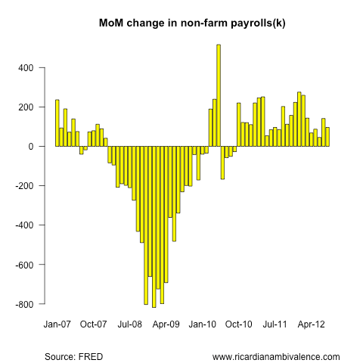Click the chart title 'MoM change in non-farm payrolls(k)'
click(x=192, y=23)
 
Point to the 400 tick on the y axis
click(x=26, y=68)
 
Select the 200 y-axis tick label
click(x=26, y=107)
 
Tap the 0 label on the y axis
click(x=31, y=147)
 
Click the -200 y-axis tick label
click(x=24, y=186)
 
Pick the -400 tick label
click(x=24, y=225)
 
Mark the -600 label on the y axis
click(x=24, y=265)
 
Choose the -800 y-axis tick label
click(x=24, y=304)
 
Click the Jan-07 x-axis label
click(x=57, y=324)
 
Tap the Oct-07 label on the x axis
click(x=94, y=324)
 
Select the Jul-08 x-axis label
click(x=130, y=324)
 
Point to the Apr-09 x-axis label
click(x=166, y=324)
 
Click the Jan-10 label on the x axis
click(x=203, y=324)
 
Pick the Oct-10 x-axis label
click(x=239, y=324)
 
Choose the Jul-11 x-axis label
click(x=275, y=324)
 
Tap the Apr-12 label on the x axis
click(x=312, y=324)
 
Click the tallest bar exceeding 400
click(x=219, y=95)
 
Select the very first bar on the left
click(x=57, y=123)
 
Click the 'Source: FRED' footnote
click(x=74, y=357)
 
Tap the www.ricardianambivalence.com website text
click(x=276, y=357)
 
